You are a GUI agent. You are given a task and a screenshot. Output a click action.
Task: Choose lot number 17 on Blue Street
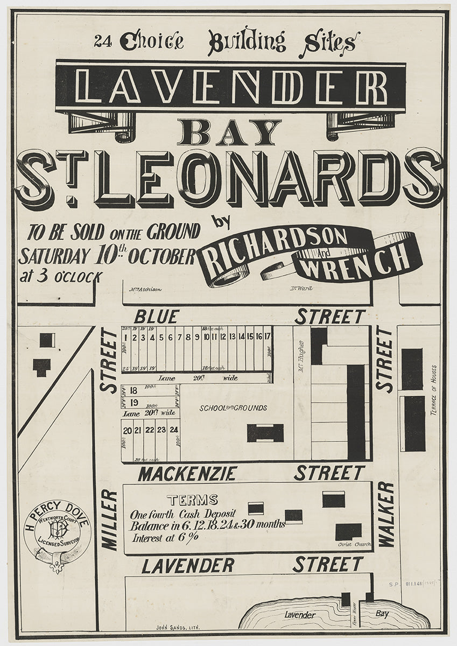[x=267, y=337]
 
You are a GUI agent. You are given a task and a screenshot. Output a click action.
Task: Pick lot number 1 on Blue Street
[x=125, y=338]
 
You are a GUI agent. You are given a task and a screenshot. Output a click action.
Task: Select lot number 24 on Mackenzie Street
[x=173, y=430]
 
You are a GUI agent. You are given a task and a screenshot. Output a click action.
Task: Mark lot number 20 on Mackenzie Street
[x=128, y=430]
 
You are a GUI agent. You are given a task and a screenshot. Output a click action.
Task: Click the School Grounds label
[x=233, y=408]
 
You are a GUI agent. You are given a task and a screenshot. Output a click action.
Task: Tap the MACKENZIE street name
[x=187, y=474]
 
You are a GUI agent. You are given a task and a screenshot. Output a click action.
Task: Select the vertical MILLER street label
[x=109, y=520]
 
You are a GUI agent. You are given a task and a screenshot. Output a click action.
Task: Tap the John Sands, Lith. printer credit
[x=178, y=627]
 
